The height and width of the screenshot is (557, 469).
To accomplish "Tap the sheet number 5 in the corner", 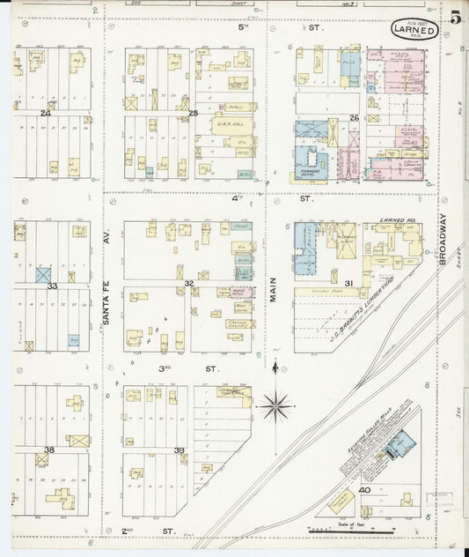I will click(455, 19).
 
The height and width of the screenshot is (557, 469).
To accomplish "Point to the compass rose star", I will click(276, 405).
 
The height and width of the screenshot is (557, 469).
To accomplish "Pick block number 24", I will click(45, 114).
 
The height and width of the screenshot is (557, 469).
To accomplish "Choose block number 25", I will click(194, 114).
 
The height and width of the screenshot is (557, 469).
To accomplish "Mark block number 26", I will click(355, 117).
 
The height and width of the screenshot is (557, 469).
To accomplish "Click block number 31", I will click(348, 283).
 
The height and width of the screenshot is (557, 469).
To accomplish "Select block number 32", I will click(188, 283).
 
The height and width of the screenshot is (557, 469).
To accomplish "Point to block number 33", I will click(52, 286).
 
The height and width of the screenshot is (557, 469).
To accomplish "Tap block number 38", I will click(49, 449).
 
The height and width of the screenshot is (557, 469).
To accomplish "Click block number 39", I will click(180, 450).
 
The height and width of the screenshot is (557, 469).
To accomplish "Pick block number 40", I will click(363, 489).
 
